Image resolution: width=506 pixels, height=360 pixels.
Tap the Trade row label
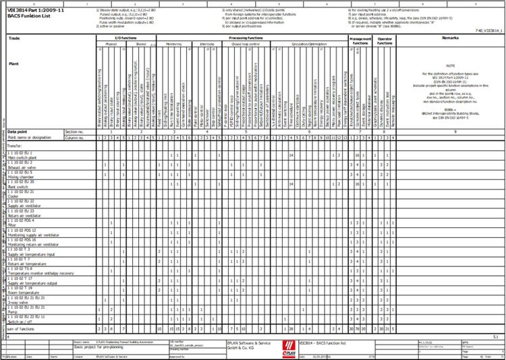pos(13,38)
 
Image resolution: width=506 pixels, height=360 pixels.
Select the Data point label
pos(17,131)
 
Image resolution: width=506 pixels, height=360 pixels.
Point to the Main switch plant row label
pos(23,158)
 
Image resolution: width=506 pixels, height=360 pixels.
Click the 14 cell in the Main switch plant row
pos(291,155)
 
